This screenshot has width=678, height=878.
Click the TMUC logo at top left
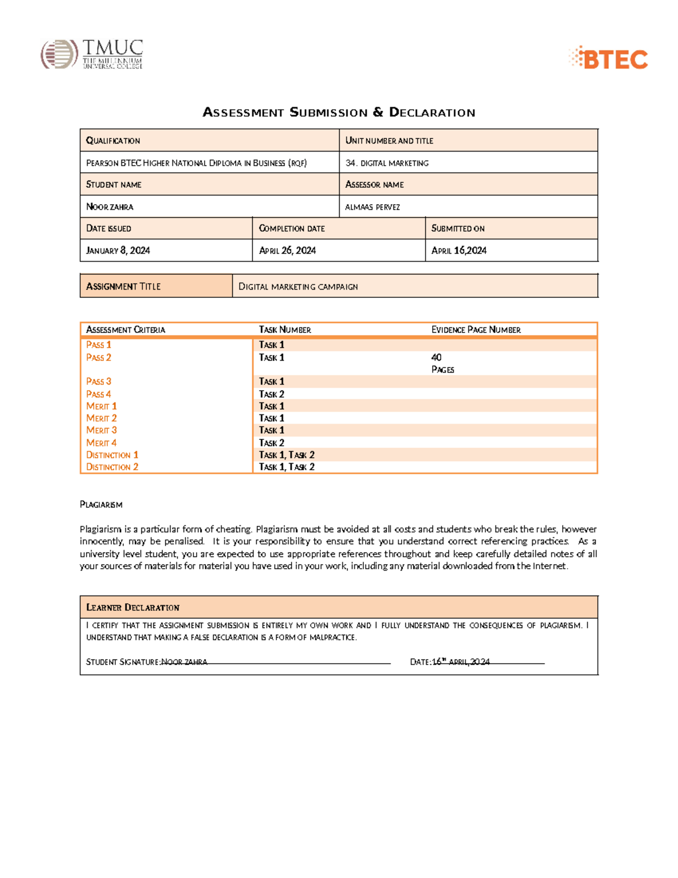(92, 54)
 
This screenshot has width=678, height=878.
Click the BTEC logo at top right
(608, 58)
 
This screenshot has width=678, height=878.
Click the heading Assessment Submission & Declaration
(338, 113)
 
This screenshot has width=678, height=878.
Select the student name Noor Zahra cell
(110, 207)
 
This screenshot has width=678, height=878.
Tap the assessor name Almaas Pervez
(372, 207)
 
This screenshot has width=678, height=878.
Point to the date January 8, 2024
(118, 250)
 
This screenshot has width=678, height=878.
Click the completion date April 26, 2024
(287, 250)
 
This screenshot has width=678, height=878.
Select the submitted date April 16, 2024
(459, 250)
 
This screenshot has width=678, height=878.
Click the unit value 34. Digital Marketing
(387, 163)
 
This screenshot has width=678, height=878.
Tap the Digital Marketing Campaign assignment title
(298, 287)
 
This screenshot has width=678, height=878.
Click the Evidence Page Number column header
(476, 330)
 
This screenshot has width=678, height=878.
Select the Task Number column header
(285, 330)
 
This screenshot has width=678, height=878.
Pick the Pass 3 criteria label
(98, 382)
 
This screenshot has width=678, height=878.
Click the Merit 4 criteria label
(101, 443)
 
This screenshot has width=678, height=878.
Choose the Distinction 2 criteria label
(112, 467)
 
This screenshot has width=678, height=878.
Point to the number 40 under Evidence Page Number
(436, 357)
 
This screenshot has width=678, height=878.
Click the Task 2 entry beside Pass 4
(271, 394)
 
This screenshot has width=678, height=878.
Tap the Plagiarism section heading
(101, 504)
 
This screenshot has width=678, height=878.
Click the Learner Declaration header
(132, 607)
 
